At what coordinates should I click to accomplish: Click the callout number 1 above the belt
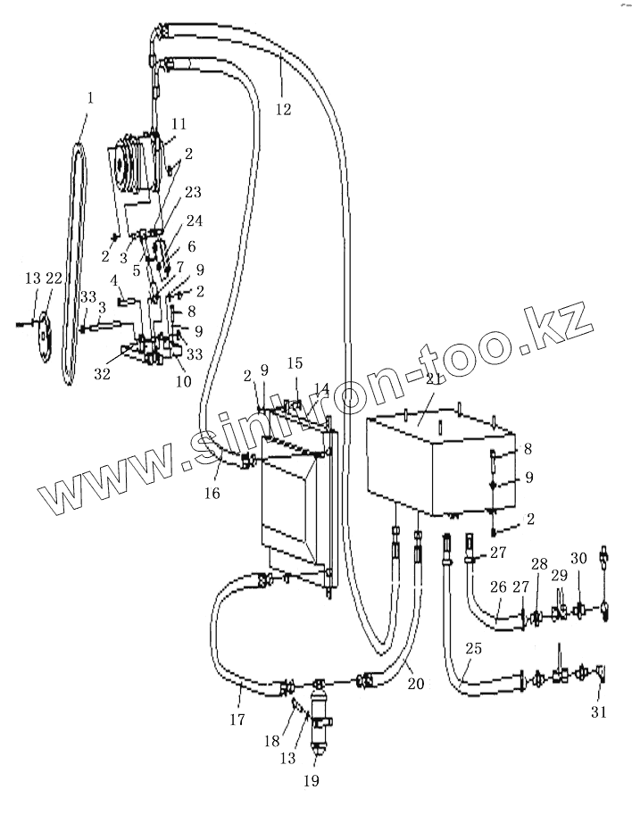tap(90, 96)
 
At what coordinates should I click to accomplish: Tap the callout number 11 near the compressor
tap(179, 123)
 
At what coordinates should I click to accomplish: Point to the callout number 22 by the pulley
tap(54, 280)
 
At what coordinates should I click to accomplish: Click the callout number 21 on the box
tap(436, 378)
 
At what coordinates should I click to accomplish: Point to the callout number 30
tap(578, 558)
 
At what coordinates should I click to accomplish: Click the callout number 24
tap(195, 220)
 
